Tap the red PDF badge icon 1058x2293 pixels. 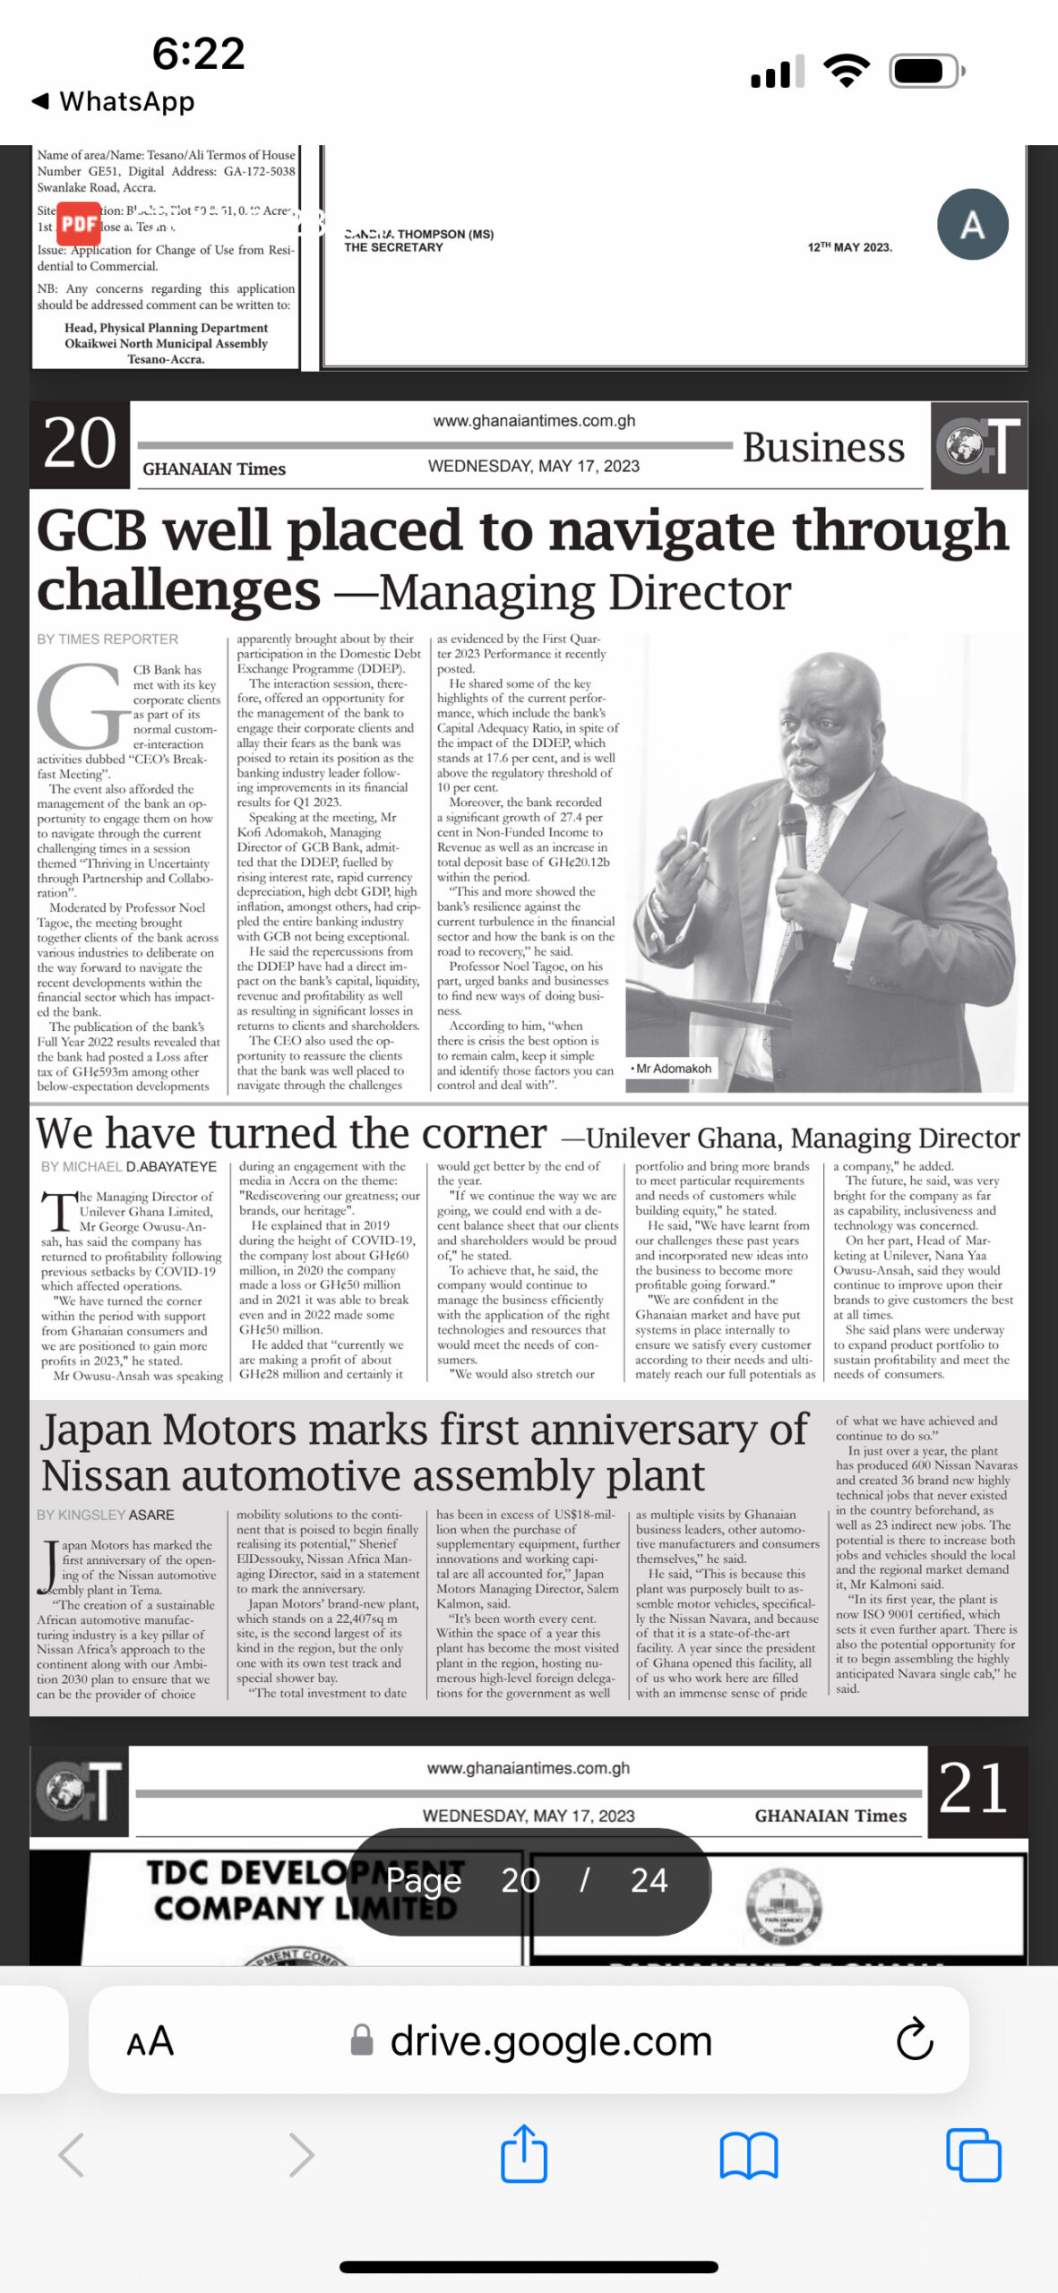click(79, 223)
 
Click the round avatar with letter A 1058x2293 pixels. click(972, 225)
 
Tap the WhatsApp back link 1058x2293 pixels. click(114, 101)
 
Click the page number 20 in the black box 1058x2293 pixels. click(80, 443)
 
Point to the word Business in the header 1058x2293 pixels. click(822, 447)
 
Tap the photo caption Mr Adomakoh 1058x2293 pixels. click(672, 1068)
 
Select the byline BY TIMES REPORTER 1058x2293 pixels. click(108, 639)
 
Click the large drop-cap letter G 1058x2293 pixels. click(82, 708)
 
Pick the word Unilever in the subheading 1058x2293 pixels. click(637, 1138)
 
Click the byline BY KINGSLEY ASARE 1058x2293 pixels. click(106, 1515)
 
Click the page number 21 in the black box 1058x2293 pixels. click(974, 1789)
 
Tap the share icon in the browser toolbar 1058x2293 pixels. click(523, 2153)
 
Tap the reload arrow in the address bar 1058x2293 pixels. click(915, 2040)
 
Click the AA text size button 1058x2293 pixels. click(150, 2041)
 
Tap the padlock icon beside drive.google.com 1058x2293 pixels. click(362, 2040)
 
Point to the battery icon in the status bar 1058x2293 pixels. click(925, 71)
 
